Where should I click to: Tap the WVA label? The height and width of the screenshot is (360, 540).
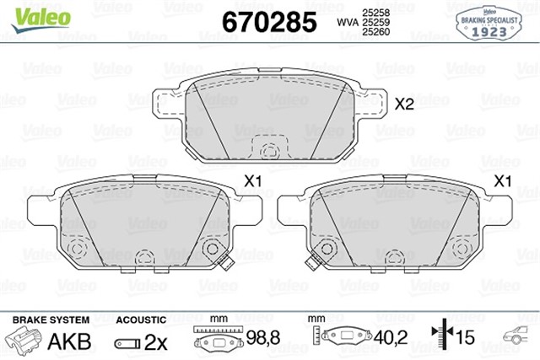click(x=346, y=21)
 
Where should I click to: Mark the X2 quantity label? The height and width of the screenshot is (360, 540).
click(x=404, y=105)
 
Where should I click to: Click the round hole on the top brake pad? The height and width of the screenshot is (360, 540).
click(x=271, y=153)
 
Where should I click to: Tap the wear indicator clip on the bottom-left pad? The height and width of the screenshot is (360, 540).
click(x=226, y=264)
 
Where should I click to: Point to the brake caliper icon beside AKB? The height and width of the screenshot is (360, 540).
click(x=25, y=342)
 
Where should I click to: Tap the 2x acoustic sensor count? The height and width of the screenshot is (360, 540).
click(x=154, y=343)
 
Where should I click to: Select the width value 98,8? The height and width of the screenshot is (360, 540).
click(x=262, y=337)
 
